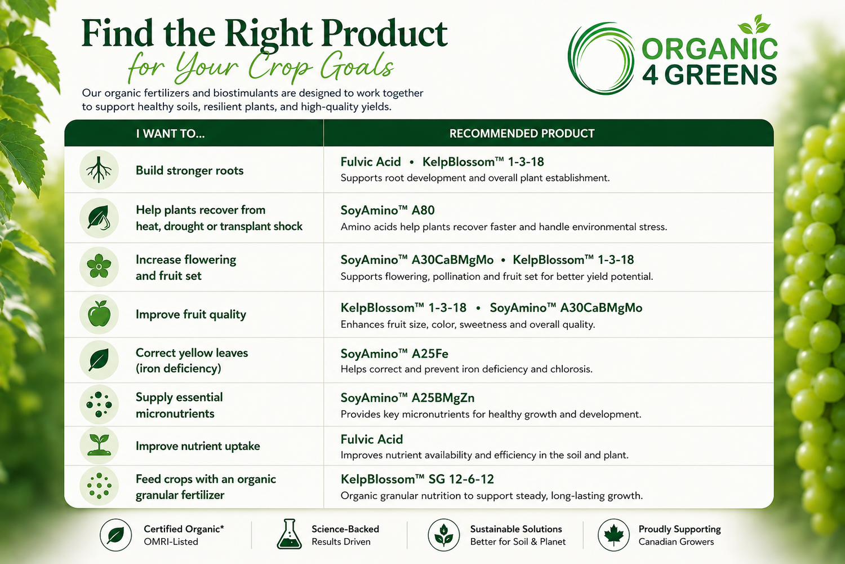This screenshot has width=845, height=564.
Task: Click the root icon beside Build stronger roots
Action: [99, 170]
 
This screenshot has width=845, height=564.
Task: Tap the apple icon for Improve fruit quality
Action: [99, 314]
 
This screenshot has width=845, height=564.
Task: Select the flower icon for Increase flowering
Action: [99, 266]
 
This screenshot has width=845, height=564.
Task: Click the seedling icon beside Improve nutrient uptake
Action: [99, 444]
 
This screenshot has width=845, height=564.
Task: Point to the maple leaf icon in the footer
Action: [613, 535]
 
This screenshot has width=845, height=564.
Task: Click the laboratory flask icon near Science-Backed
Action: [289, 534]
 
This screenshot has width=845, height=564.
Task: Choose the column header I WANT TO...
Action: [171, 133]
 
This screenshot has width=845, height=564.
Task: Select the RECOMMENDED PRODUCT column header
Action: [522, 133]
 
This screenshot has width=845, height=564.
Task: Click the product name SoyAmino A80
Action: [388, 210]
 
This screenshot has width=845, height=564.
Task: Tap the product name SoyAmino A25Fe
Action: [394, 354]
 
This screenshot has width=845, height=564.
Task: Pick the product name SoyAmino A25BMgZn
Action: [407, 398]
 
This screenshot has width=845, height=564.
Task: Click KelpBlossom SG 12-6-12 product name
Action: [417, 479]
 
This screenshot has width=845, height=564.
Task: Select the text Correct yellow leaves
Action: [192, 353]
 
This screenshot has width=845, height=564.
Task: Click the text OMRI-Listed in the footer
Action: [171, 541]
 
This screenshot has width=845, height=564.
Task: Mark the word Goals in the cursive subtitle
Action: [357, 66]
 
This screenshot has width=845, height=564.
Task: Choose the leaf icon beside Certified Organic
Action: [115, 535]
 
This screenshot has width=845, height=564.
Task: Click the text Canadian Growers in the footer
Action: [676, 541]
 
